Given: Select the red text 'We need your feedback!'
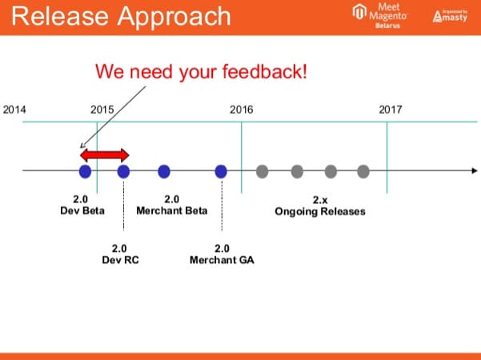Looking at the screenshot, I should pyautogui.click(x=201, y=71).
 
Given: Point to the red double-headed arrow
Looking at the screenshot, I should pyautogui.click(x=104, y=154).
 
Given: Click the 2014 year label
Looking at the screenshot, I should pyautogui.click(x=15, y=110).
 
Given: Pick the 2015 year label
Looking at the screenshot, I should pyautogui.click(x=102, y=110).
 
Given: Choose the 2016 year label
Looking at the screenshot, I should pyautogui.click(x=241, y=110).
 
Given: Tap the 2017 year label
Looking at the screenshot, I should pyautogui.click(x=391, y=110).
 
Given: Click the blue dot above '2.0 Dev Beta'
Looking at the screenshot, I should pyautogui.click(x=85, y=170).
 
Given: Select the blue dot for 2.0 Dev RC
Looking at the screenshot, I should pyautogui.click(x=123, y=170).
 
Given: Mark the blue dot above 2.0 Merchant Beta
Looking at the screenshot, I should pyautogui.click(x=164, y=170).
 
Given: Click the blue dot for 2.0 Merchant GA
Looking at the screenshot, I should pyautogui.click(x=222, y=170).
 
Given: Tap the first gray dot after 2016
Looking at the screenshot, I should pyautogui.click(x=262, y=170).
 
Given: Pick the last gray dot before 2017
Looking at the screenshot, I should pyautogui.click(x=363, y=170).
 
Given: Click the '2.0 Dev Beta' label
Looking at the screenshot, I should pyautogui.click(x=78, y=205).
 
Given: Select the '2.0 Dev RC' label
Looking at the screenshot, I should pyautogui.click(x=120, y=254).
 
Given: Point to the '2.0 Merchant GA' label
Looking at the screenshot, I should pyautogui.click(x=222, y=254).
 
